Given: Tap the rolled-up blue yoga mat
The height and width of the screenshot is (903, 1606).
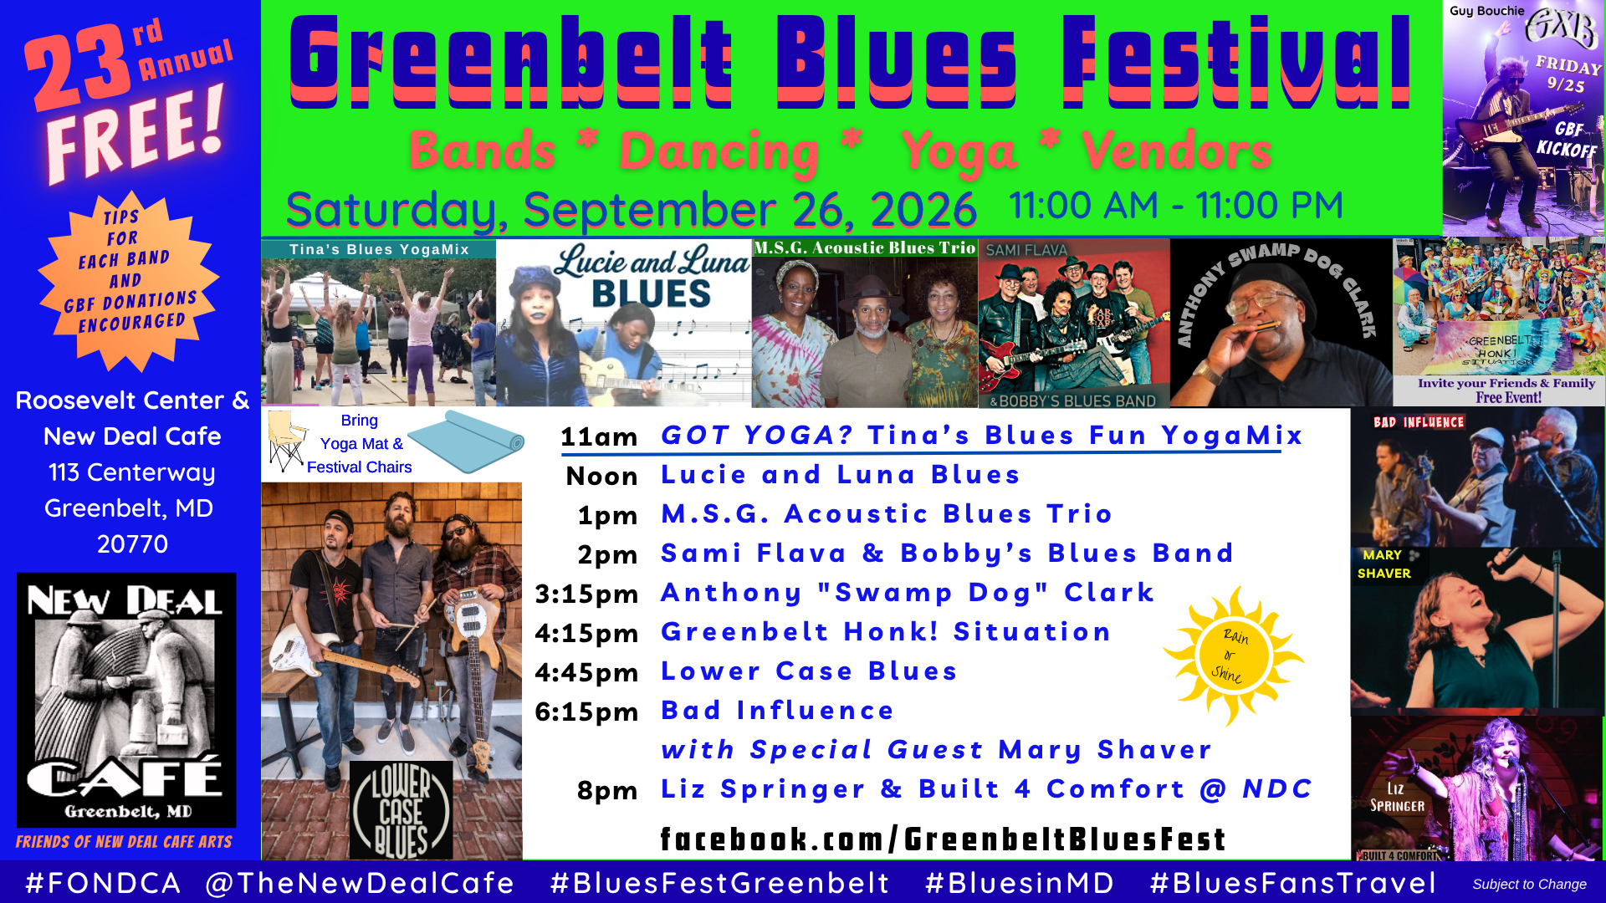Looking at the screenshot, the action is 466,442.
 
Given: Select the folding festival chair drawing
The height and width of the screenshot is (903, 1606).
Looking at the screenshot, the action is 285,441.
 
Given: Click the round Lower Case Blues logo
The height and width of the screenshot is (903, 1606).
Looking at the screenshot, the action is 401,810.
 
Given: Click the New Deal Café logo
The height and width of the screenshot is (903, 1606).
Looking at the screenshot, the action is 126,700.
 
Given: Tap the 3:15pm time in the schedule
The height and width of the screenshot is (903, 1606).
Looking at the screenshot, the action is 586,594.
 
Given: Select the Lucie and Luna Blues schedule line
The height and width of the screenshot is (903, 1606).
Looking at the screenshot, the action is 840,474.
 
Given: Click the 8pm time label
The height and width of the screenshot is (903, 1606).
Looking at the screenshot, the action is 607,790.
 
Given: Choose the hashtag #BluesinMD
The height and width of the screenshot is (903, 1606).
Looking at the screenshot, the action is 1020,883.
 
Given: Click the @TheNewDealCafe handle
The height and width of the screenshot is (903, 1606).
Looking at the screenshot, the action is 360,883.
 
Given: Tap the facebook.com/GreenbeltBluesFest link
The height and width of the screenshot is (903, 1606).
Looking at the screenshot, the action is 943,839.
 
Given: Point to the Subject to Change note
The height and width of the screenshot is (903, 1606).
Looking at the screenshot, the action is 1529,884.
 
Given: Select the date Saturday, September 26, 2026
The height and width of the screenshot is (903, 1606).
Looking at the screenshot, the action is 632,209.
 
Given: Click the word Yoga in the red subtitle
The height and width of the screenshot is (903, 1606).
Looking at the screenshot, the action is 959,152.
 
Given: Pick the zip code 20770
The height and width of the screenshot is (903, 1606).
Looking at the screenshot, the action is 132,544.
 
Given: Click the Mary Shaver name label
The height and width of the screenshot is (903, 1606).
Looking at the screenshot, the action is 1384,564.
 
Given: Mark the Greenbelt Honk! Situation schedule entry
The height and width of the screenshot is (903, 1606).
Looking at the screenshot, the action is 886,631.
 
